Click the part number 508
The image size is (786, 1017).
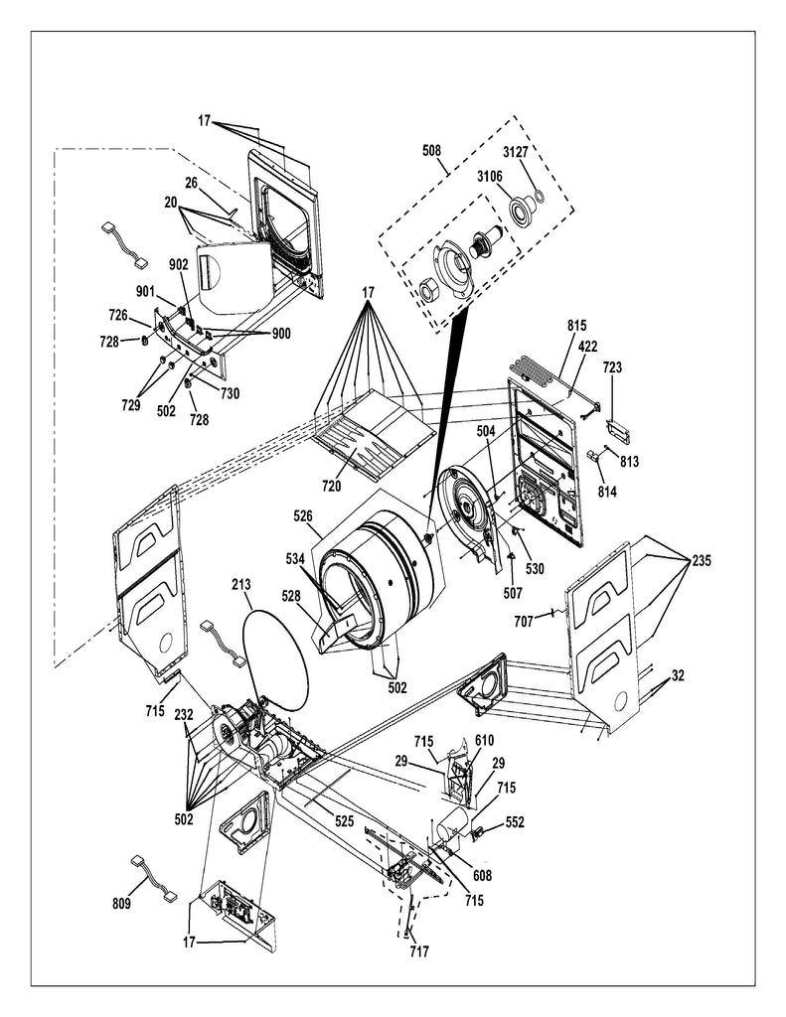pyautogui.click(x=431, y=151)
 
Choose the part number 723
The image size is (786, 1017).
pyautogui.click(x=612, y=367)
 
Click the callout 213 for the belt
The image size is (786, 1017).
pyautogui.click(x=241, y=584)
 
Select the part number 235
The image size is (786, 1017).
pyautogui.click(x=702, y=560)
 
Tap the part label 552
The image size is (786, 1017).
pyautogui.click(x=515, y=823)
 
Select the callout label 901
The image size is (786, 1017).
pyautogui.click(x=145, y=291)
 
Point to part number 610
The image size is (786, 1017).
pyautogui.click(x=484, y=741)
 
